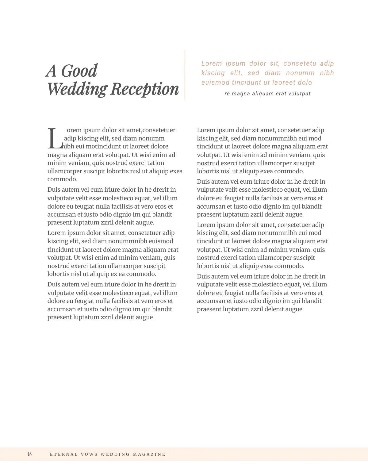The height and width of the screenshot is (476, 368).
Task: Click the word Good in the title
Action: point(79,71)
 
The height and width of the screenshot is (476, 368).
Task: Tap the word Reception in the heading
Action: point(144,89)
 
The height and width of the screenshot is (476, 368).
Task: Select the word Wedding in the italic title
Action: point(77,89)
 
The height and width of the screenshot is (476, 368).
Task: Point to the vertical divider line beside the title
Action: point(185,75)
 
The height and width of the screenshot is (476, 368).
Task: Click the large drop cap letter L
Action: point(55,139)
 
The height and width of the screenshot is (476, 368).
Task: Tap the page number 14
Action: point(30,454)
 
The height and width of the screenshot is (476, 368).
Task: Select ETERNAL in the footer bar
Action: point(64,454)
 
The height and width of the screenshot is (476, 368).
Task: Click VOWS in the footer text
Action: point(89,454)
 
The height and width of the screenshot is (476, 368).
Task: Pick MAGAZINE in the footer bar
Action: point(149,454)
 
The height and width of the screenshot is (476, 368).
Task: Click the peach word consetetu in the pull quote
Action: point(300,63)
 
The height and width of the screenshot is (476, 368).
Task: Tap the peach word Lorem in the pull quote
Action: point(212,63)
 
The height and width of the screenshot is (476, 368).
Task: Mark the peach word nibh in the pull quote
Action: point(327,73)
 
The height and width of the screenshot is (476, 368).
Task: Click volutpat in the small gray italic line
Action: point(299,94)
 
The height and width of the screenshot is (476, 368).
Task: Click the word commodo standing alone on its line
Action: point(62,179)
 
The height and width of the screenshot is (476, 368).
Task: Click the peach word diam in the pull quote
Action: point(273,73)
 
